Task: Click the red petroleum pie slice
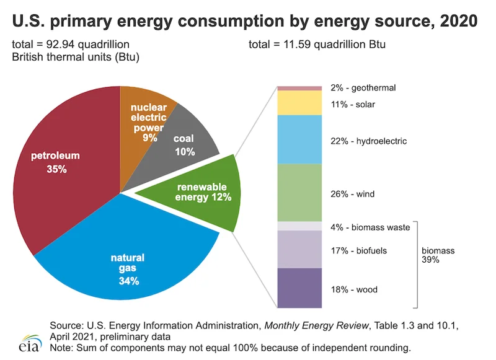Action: click(x=62, y=186)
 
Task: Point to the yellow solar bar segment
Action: click(x=299, y=103)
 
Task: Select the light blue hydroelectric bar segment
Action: click(x=299, y=139)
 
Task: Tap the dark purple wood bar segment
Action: click(x=299, y=288)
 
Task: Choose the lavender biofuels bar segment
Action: click(x=299, y=249)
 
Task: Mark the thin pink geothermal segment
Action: click(x=299, y=88)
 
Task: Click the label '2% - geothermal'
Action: click(x=363, y=89)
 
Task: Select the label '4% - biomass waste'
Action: click(x=370, y=227)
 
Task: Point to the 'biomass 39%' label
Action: click(x=438, y=255)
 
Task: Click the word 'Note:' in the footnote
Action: click(x=60, y=347)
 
